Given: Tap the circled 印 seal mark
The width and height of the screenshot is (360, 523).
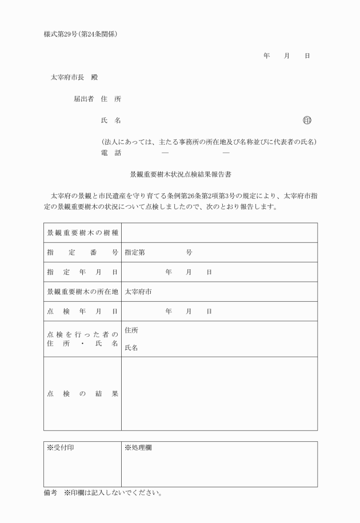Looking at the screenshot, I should tap(307, 120).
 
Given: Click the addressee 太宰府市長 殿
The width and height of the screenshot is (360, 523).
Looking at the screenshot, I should tap(74, 77).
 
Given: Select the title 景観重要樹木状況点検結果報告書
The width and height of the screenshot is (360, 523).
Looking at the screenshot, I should tap(180, 173).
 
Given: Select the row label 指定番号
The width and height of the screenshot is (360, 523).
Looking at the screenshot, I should tap(82, 253).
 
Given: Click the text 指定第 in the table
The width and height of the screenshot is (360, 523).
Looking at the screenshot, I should tap(135, 253).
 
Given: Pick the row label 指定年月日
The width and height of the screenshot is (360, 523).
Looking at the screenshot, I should tap(82, 272).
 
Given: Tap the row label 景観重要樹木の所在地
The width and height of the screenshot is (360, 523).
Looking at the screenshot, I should tap(82, 292).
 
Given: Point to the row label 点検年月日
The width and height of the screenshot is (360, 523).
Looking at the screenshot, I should tap(82, 311).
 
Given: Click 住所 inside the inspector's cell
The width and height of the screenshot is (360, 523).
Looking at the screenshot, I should tap(131, 330).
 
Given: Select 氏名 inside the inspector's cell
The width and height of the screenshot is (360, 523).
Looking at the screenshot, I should tap(131, 348).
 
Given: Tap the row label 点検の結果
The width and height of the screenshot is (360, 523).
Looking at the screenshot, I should tap(82, 394).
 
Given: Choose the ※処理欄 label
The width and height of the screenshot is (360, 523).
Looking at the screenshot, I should tap(138, 448).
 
